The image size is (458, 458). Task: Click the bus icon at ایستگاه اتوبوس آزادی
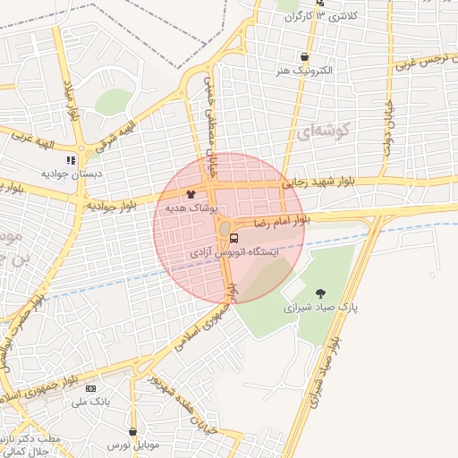pos(233,238)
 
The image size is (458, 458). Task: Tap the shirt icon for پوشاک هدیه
pos(191,193)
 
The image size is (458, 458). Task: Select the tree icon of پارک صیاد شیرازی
pos(320,293)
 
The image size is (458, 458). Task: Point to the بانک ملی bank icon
pos(90,388)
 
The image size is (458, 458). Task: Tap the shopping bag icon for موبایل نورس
pos(132,431)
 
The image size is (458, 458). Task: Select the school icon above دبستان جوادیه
pos(71,159)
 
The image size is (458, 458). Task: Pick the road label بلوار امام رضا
pos(281,219)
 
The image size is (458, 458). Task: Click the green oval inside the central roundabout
pos(224,230)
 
